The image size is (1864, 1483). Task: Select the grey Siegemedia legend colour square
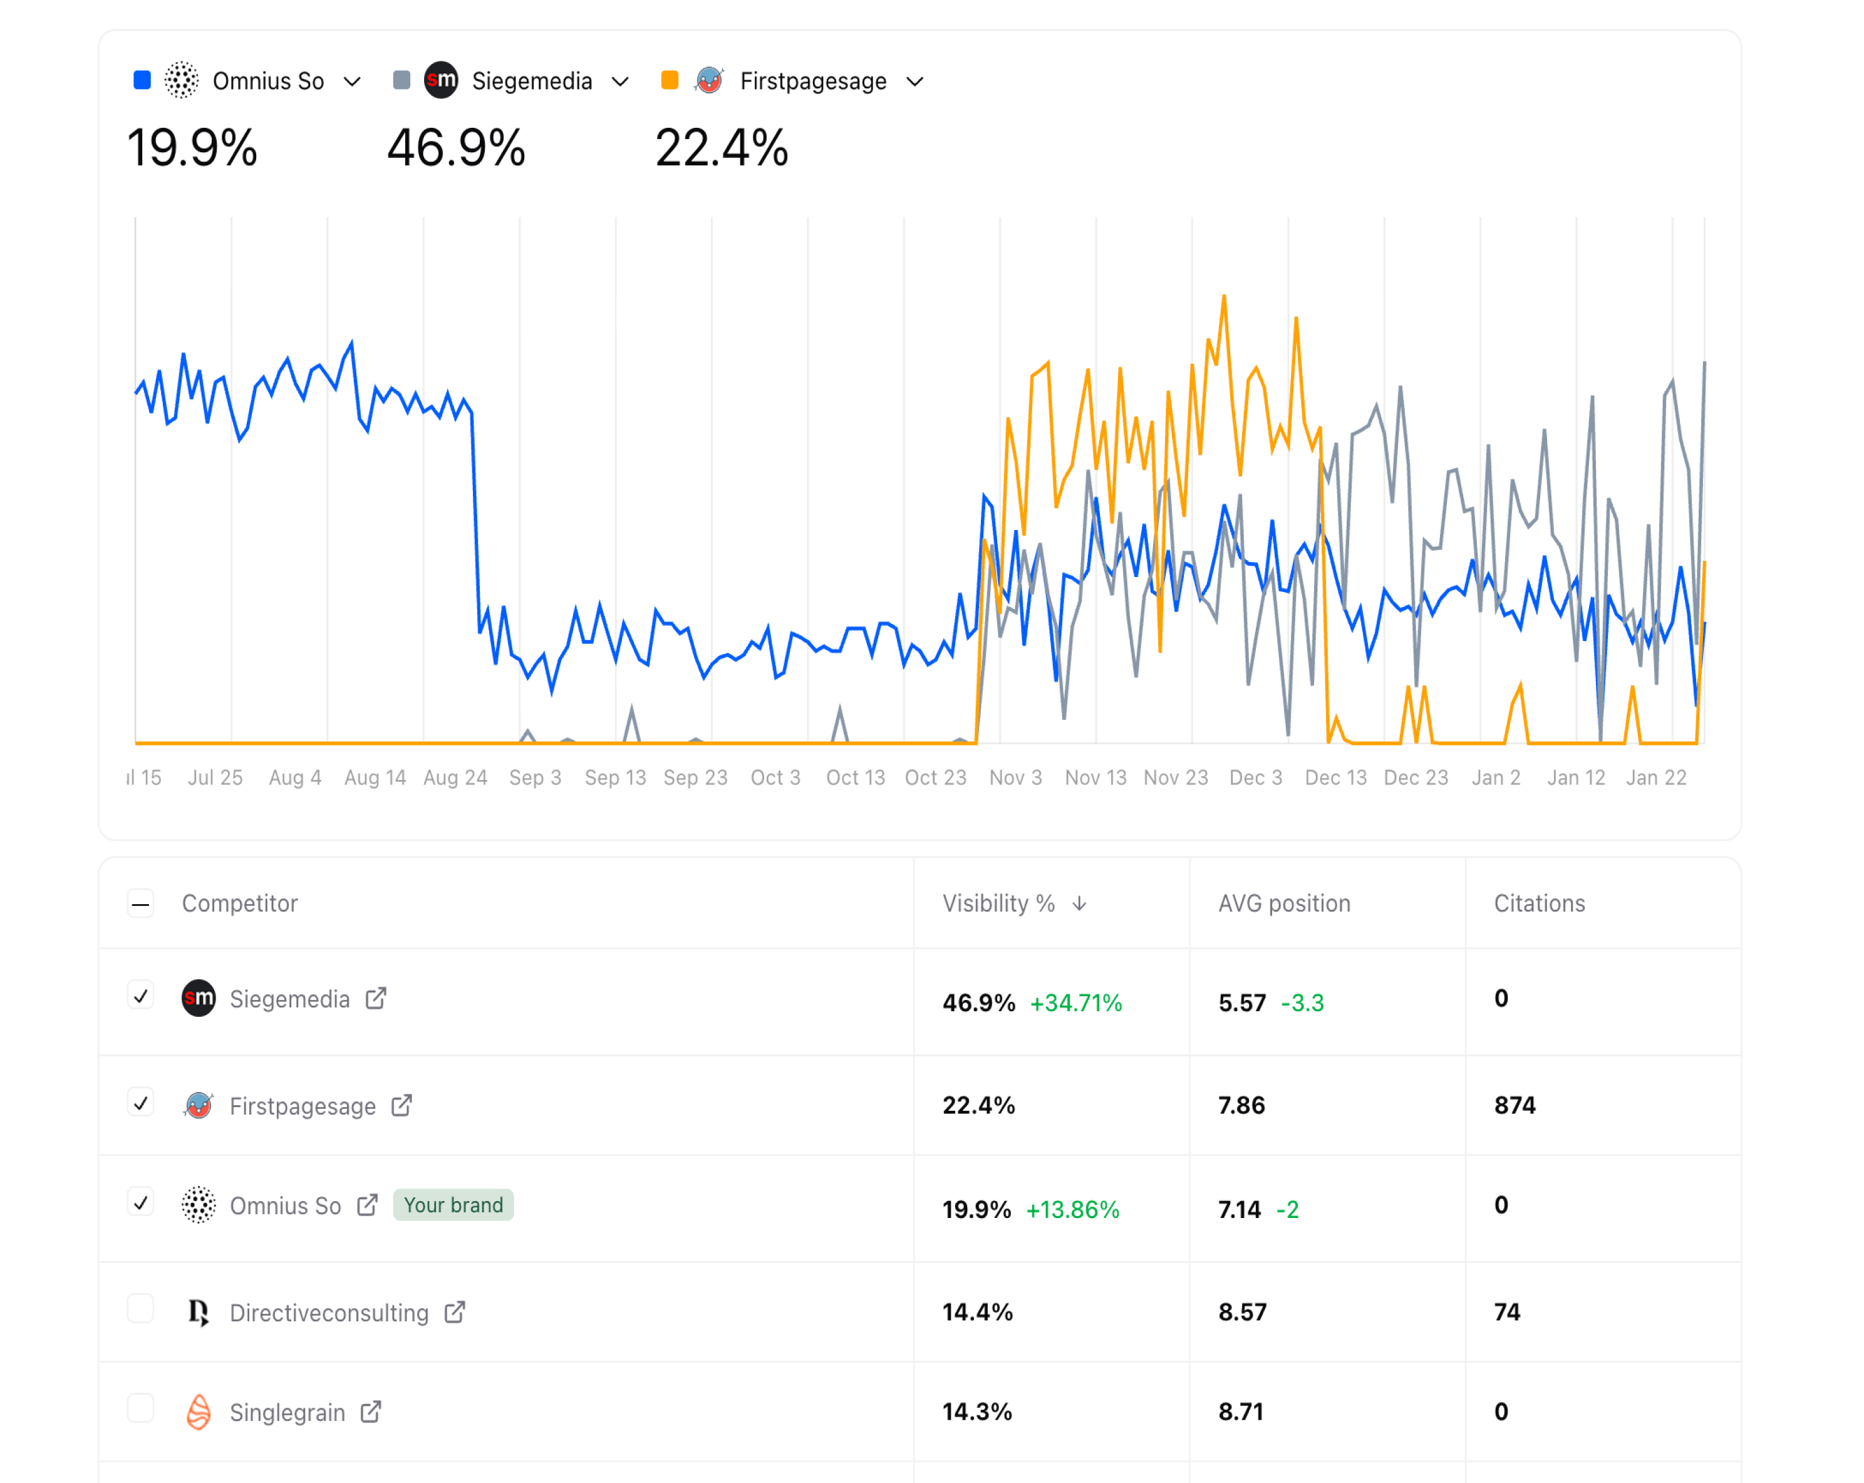pos(401,80)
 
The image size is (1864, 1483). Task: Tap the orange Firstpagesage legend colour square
pos(669,80)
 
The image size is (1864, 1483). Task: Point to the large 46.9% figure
pos(455,148)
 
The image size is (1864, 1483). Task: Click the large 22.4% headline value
pos(721,148)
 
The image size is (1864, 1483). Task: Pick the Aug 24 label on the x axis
pos(455,778)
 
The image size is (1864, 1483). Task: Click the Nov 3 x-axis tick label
pos(1015,778)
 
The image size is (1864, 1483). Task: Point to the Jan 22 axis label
pos(1655,778)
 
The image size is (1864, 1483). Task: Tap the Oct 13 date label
pos(855,778)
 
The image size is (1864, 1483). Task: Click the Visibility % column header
pos(998,903)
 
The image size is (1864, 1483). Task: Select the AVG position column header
pos(1284,903)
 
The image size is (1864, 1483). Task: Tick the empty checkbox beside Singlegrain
pos(141,1408)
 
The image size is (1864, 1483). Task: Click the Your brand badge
pos(453,1205)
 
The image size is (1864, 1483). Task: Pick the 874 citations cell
pos(1514,1105)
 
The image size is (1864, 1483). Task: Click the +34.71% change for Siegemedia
pos(1075,1003)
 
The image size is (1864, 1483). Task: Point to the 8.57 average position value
pos(1243,1312)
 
